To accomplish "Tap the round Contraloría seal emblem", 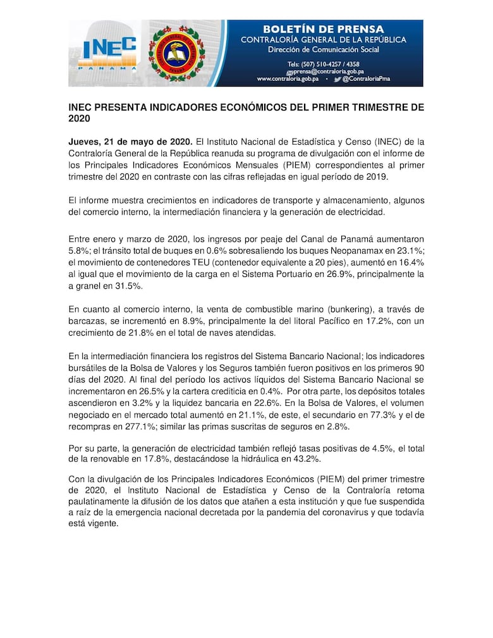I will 177,53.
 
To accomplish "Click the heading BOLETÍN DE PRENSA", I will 323,29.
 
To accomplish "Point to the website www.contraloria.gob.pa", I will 288,79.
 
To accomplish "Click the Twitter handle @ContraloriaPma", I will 374,79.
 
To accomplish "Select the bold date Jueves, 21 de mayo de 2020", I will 130,141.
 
